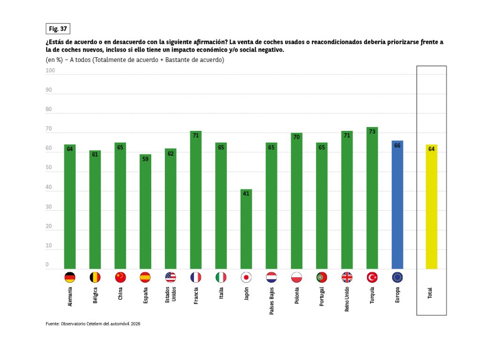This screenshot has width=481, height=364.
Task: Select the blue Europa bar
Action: coord(397,205)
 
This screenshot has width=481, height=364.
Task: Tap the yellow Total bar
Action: coord(431,207)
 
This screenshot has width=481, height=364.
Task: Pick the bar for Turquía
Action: coord(372,198)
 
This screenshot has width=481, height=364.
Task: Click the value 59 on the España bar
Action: coord(146,159)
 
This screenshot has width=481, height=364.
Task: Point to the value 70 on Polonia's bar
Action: coord(296,137)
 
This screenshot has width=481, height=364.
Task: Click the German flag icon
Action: coord(70,277)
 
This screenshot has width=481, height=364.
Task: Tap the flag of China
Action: coord(120,277)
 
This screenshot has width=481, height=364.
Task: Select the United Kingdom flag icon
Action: coord(347,277)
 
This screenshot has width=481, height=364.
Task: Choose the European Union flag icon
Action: coord(397,277)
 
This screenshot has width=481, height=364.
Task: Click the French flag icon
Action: coord(196,277)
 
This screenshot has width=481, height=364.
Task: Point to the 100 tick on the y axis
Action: coord(50,71)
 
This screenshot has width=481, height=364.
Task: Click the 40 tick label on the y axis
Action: coord(49,188)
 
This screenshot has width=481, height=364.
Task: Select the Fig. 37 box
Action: coord(58,29)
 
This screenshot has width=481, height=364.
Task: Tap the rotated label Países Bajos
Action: coord(272,301)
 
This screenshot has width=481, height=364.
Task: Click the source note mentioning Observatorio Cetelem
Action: coord(93,324)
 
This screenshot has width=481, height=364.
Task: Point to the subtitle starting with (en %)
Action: coord(135,60)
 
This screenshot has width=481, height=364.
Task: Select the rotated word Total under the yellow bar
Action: coord(430,294)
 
